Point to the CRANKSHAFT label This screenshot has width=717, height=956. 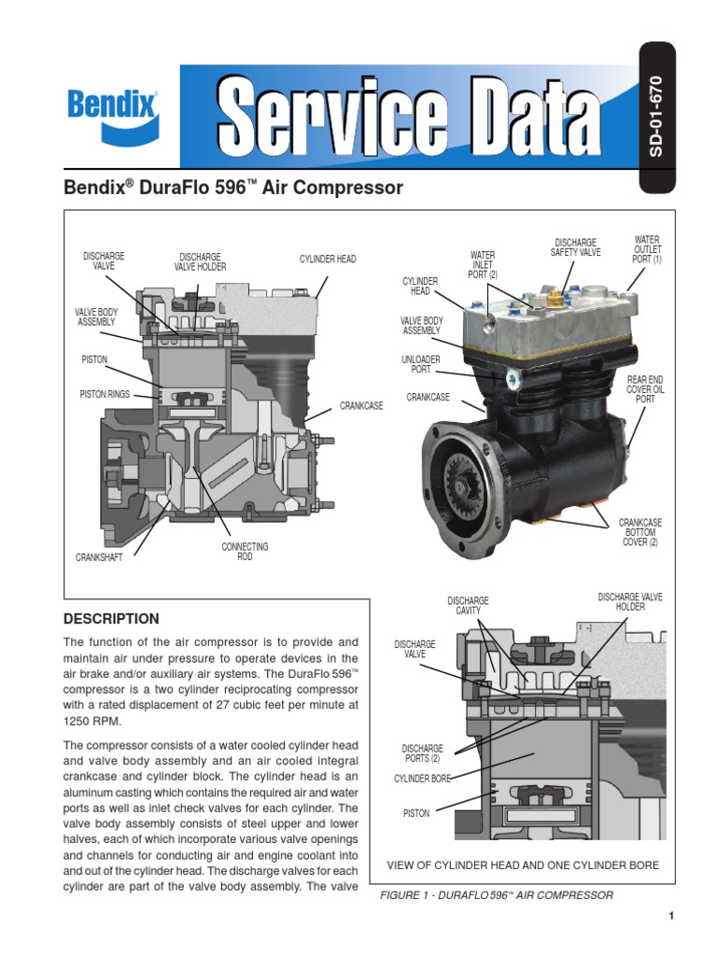click(99, 557)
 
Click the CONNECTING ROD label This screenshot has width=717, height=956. click(245, 551)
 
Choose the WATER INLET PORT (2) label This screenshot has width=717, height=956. click(483, 264)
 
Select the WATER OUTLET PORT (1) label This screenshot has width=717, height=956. click(647, 249)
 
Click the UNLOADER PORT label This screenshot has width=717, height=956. click(421, 363)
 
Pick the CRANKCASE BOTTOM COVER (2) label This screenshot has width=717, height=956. click(640, 532)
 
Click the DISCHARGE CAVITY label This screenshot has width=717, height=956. click(468, 605)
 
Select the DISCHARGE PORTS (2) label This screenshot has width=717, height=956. click(422, 753)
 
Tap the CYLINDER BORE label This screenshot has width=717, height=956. click(422, 778)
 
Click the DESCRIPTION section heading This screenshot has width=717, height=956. click(110, 619)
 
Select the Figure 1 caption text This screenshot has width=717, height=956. click(496, 895)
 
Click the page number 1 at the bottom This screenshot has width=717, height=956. click(671, 917)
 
